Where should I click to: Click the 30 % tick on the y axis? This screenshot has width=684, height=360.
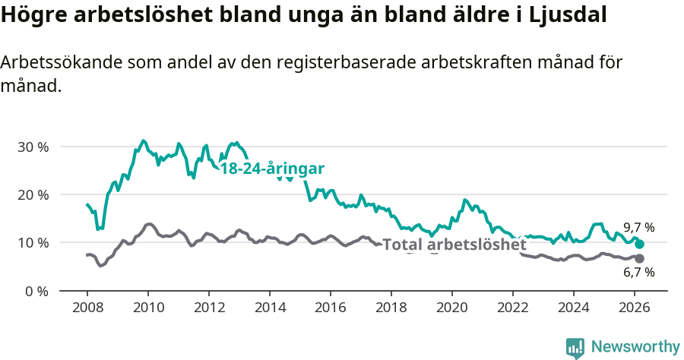33,147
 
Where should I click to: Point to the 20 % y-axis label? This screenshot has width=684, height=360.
33,194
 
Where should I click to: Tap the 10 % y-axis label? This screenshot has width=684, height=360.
33,243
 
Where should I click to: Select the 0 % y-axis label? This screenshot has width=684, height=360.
36,291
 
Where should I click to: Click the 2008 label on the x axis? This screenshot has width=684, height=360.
87,307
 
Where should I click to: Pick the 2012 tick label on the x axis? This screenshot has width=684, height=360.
208,307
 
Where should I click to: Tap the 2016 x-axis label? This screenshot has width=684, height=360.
330,307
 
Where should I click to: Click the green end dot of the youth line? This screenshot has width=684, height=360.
640,244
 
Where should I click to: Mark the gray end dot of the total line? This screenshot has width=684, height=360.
640,259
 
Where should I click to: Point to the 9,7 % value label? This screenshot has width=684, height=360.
638,227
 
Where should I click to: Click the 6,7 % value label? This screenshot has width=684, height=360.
638,273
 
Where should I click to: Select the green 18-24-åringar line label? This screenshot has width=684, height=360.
272,169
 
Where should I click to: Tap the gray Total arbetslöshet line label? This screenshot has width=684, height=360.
454,245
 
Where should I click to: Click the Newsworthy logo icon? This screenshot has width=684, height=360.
575,348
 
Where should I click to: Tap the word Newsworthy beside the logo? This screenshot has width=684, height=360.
635,347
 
